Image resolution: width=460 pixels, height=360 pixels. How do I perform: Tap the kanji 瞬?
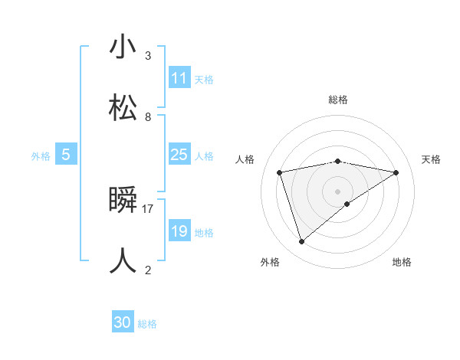(x=123, y=200)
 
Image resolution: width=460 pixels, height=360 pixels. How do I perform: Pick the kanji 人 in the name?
(x=123, y=261)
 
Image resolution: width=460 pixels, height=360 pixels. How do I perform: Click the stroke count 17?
(x=148, y=208)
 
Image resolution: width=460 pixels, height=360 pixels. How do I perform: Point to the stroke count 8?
(x=148, y=116)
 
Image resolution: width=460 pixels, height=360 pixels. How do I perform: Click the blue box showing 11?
(x=179, y=78)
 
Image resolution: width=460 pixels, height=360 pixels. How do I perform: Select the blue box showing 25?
(x=179, y=155)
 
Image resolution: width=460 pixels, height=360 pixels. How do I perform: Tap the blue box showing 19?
(x=179, y=231)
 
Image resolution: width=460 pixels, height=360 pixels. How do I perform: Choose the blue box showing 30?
(x=123, y=322)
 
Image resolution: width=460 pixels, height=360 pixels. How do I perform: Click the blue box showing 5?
(x=66, y=155)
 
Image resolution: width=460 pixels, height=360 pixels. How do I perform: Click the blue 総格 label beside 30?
(x=147, y=324)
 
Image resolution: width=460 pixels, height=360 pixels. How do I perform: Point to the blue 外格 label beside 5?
(x=41, y=155)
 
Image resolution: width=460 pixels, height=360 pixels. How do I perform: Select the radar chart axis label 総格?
(x=338, y=100)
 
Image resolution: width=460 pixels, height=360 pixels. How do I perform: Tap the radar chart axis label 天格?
(x=432, y=159)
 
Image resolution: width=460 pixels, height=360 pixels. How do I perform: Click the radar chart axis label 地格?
(x=402, y=262)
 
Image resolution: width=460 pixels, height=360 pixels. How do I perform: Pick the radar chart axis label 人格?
(x=245, y=159)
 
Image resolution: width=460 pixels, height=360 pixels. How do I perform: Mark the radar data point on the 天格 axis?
(x=396, y=172)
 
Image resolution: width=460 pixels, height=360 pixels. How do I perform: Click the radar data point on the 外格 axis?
(x=301, y=242)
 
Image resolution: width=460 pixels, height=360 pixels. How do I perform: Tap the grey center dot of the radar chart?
(x=338, y=191)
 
